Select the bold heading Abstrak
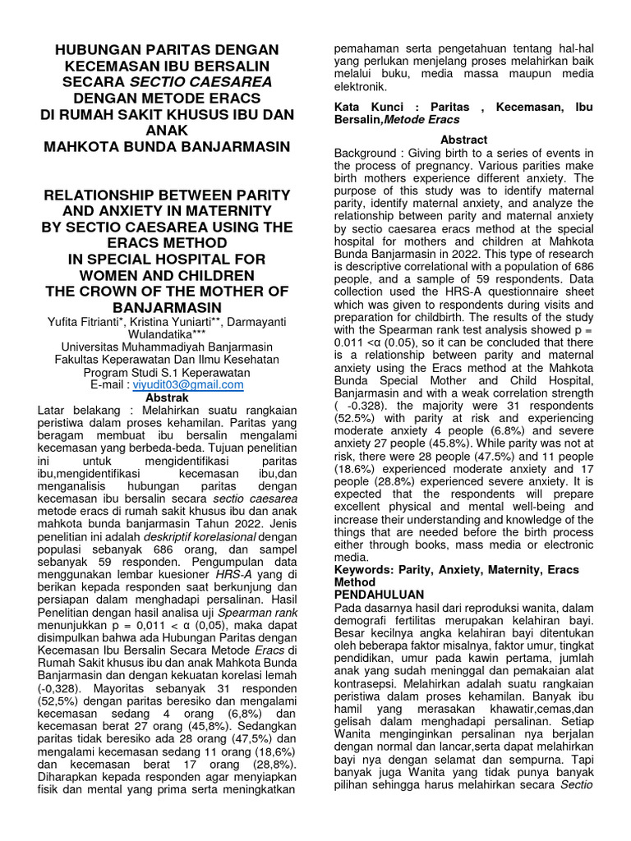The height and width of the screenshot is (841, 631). tap(167, 397)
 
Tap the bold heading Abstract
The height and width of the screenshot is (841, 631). tap(463, 140)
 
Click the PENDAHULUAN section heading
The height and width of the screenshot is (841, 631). tap(379, 594)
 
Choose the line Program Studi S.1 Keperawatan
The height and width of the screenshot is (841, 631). tap(167, 371)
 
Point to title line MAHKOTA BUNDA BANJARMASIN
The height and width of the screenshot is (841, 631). tap(167, 147)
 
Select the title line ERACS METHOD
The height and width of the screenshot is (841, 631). tap(167, 243)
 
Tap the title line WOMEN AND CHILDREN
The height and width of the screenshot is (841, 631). tap(167, 275)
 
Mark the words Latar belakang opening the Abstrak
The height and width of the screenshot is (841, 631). tap(77, 410)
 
